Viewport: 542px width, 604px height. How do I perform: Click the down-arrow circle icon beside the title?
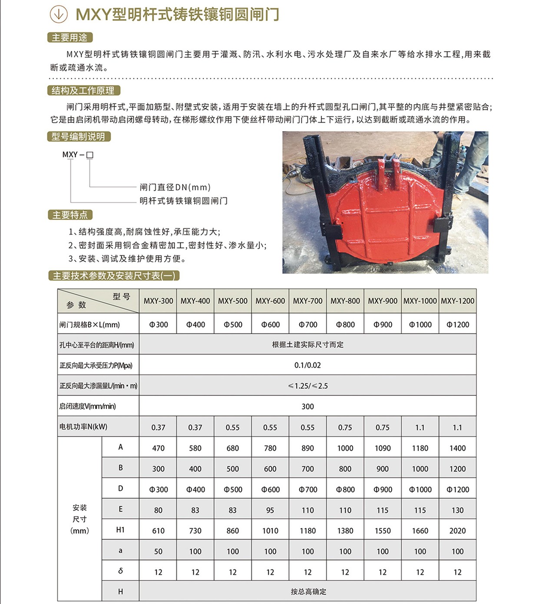click(59, 14)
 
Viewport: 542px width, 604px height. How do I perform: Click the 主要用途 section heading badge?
click(70, 38)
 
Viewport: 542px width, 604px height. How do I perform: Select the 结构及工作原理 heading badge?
click(83, 91)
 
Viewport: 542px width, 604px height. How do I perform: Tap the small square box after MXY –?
click(90, 155)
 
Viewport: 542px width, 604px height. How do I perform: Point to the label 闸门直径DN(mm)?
click(175, 187)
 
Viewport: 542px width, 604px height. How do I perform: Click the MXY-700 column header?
click(307, 301)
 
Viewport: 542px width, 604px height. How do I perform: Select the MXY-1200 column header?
click(457, 301)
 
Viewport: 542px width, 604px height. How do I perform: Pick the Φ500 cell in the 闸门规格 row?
click(233, 325)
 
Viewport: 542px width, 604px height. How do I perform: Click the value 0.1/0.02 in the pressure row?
click(307, 365)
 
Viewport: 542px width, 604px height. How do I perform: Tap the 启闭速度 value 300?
click(307, 407)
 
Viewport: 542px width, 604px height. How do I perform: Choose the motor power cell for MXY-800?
click(345, 428)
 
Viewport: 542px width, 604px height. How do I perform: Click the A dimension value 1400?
click(457, 448)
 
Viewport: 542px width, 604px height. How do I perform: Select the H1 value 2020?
click(457, 531)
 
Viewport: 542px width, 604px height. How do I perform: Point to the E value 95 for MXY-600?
click(270, 510)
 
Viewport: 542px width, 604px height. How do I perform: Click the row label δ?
click(120, 571)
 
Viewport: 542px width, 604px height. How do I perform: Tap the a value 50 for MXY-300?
click(158, 551)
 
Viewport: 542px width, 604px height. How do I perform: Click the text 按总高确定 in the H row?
click(308, 592)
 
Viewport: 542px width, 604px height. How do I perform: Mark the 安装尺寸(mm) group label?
click(79, 519)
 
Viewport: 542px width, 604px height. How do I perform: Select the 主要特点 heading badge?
click(70, 215)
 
